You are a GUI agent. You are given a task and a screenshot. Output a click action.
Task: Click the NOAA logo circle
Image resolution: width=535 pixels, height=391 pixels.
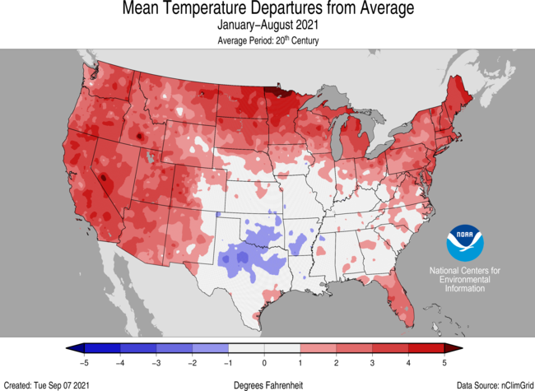(461, 242)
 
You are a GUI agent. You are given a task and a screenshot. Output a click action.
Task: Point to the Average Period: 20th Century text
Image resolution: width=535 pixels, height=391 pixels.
(267, 40)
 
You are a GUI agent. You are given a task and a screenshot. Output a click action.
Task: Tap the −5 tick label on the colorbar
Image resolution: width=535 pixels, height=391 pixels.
(83, 363)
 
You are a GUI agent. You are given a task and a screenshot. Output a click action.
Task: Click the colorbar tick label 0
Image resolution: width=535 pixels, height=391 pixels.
(264, 363)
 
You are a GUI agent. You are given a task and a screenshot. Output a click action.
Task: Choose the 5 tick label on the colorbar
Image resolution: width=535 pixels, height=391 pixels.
(445, 363)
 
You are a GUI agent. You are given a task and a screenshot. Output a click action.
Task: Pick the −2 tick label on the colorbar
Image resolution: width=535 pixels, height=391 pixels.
(191, 363)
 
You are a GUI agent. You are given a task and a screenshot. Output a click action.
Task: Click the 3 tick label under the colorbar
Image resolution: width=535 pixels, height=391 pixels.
(373, 363)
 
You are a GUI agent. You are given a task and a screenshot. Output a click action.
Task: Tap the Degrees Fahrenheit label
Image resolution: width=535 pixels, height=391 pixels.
(267, 383)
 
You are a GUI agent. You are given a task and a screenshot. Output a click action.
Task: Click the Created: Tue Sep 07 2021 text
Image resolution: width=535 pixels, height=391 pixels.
(47, 383)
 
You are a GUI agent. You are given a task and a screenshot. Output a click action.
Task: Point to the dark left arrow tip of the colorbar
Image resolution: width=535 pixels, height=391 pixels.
(70, 349)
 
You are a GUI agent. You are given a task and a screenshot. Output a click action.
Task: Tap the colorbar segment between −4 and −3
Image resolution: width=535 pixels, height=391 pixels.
(137, 349)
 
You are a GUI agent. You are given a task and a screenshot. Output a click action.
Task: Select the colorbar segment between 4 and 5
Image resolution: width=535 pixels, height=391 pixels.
(427, 349)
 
